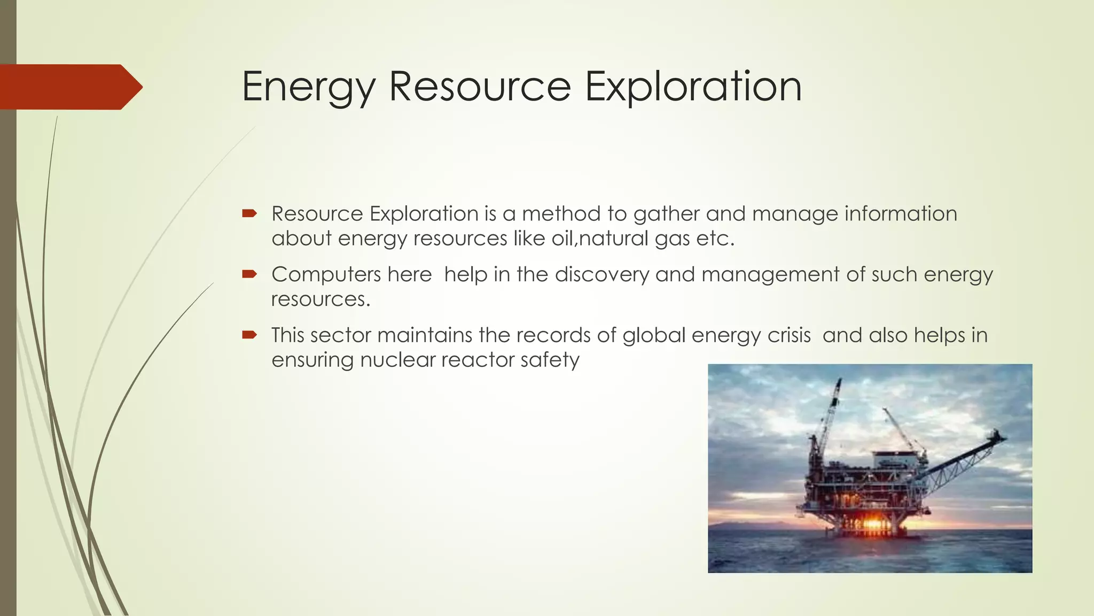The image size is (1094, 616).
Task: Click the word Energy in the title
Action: (309, 87)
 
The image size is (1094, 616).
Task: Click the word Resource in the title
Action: (479, 87)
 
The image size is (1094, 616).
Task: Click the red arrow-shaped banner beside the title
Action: (69, 87)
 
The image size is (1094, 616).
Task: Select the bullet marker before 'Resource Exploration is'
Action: (249, 214)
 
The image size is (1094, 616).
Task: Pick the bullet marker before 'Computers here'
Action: (249, 275)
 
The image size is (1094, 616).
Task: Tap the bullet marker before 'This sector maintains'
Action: (249, 335)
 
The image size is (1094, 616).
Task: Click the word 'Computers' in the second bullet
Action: (326, 275)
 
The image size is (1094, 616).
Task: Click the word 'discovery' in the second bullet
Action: (601, 275)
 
